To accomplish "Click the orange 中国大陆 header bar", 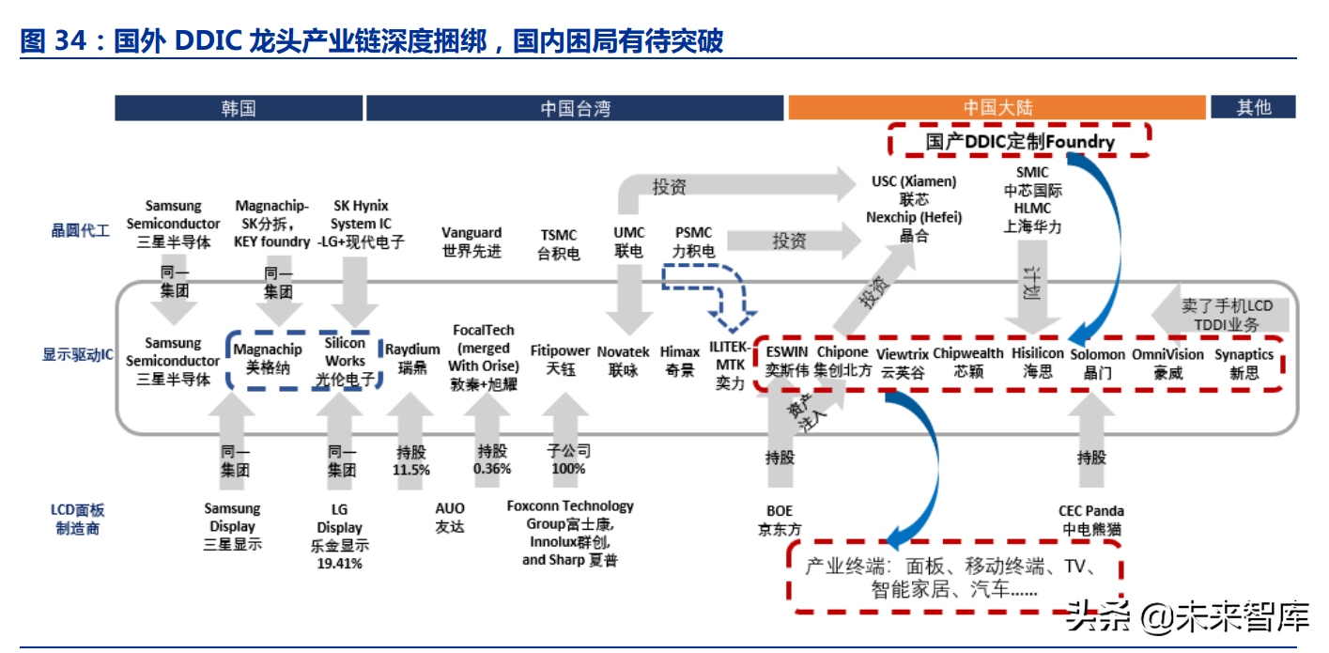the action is tap(997, 107).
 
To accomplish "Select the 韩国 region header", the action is tap(239, 108).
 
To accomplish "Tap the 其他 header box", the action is tap(1253, 107).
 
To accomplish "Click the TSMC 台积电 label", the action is tap(558, 244).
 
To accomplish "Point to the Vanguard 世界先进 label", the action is tap(471, 241).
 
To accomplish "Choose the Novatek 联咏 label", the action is tap(623, 361).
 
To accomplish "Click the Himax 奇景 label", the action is tap(680, 361).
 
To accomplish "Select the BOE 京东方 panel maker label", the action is tap(779, 520).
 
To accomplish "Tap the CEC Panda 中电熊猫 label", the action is tap(1091, 520).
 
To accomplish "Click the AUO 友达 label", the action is tap(450, 518).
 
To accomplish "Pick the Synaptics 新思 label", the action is tap(1244, 364).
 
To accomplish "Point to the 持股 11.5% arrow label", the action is tap(410, 460).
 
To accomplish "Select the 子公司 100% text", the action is tap(568, 459).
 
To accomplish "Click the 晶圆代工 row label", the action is tap(80, 230).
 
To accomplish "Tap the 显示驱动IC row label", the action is tap(77, 355).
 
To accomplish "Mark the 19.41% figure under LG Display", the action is tap(339, 564).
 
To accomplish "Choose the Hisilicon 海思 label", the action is tap(1037, 362).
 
